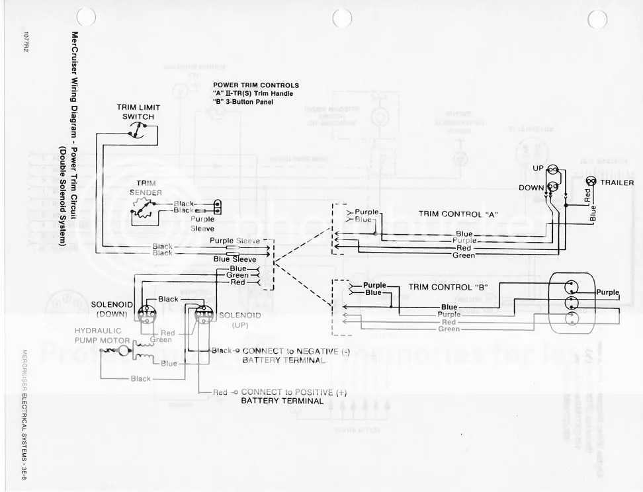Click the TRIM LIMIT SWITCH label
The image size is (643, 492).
pos(138,112)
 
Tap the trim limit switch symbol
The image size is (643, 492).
pos(139,132)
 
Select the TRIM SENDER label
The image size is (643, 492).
pos(145,186)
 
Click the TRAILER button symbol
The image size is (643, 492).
pos(591,182)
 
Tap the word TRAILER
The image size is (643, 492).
pos(617,182)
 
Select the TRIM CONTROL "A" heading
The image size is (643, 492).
pos(458,214)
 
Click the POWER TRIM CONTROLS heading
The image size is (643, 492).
pos(255,85)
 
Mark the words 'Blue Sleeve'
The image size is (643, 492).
pos(235,260)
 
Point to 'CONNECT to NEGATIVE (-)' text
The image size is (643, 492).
pos(285,350)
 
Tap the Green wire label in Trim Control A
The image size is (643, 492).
pos(463,255)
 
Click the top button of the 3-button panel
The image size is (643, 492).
pos(570,286)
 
